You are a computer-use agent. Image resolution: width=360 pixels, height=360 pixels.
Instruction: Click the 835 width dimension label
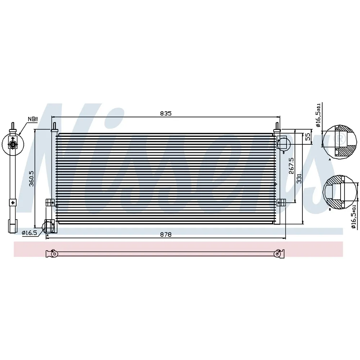(166, 113)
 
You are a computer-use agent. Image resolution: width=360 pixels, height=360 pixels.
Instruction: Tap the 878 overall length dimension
(166, 235)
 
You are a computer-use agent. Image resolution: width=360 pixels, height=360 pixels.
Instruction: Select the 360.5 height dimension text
(31, 179)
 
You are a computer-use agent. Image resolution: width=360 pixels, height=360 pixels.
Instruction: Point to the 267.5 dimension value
(291, 166)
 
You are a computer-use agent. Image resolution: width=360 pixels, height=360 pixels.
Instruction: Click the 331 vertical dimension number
(299, 179)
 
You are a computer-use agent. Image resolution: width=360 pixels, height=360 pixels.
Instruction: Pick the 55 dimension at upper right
(308, 137)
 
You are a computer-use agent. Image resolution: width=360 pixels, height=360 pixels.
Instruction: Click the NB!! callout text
(33, 119)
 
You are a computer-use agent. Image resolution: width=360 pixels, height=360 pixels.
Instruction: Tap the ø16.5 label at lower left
(30, 233)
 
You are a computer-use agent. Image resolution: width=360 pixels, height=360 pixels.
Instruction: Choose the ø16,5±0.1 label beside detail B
(354, 216)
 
